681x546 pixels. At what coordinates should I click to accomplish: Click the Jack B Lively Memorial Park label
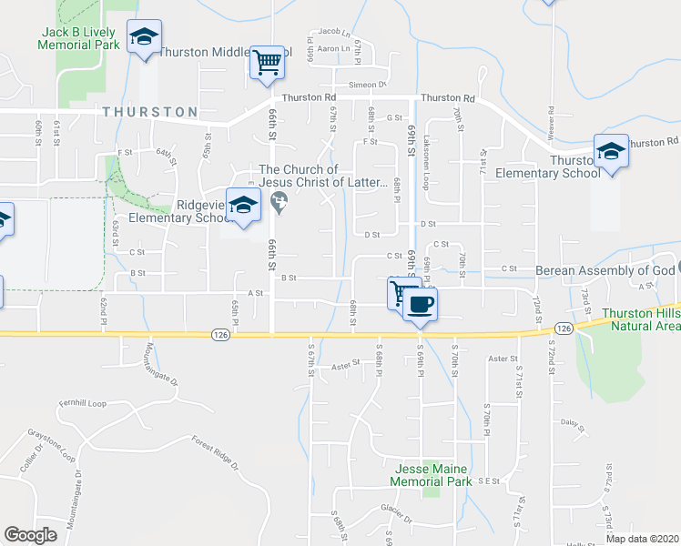click(80, 37)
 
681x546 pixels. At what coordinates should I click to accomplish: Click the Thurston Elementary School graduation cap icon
click(611, 150)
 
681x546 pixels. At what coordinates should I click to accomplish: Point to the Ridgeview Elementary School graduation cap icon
click(243, 207)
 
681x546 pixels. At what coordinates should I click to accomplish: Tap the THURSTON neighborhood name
click(150, 112)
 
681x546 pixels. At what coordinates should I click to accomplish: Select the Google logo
click(30, 535)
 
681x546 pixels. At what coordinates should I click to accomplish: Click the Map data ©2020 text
click(641, 539)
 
